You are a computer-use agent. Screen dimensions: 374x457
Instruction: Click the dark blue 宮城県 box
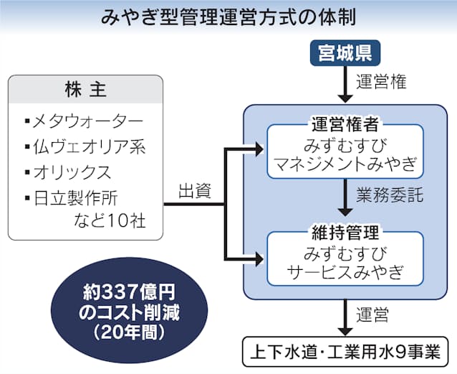click(345, 52)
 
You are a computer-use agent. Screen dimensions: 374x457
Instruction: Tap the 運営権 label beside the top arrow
click(382, 82)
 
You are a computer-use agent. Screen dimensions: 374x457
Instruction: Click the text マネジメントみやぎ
click(345, 164)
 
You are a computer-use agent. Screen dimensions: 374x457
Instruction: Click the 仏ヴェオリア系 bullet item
click(90, 147)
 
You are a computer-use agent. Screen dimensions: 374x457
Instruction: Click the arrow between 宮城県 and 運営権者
click(345, 85)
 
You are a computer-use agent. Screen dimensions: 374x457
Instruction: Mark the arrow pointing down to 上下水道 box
click(345, 316)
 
